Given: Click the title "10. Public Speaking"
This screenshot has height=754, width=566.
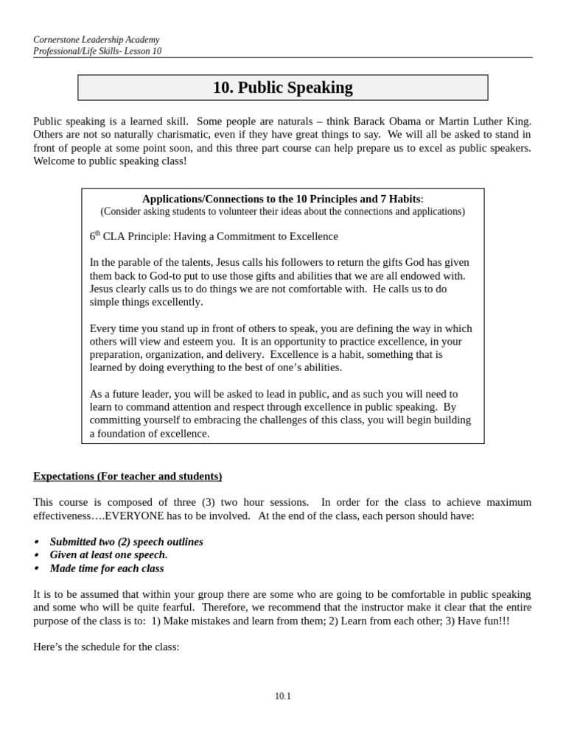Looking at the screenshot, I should point(282,88).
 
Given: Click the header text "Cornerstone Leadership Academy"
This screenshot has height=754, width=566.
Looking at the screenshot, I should point(97,40).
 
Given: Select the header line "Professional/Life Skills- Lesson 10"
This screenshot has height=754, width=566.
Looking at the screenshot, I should point(97,52).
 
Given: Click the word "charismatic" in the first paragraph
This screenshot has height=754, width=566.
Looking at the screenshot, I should point(172,135).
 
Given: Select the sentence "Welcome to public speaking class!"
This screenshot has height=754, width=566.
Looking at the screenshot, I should point(110,161).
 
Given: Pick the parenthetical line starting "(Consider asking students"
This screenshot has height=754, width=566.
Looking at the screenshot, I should point(282,212).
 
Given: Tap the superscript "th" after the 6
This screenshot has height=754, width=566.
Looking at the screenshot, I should point(97,233).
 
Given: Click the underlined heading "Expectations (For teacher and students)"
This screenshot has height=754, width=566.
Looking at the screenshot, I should point(127,476).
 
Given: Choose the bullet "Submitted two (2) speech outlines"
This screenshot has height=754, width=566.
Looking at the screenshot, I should point(126,542).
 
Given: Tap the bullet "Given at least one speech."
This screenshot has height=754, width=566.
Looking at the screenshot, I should point(108,555).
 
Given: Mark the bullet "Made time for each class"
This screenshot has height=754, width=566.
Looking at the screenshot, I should point(107,568).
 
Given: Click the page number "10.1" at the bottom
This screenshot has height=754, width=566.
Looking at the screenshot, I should point(282,696).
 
